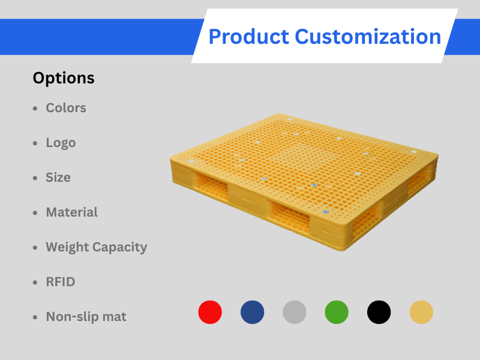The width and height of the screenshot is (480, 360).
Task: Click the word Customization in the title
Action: pos(368,37)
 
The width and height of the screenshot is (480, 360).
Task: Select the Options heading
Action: pos(64,78)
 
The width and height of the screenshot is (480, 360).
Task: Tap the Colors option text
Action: pos(66,108)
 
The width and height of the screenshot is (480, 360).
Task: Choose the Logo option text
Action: pos(61,143)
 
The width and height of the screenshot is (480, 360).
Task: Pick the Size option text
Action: pos(58,178)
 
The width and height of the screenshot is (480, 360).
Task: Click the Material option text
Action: pos(71,212)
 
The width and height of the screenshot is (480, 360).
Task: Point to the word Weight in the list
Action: pos(68,247)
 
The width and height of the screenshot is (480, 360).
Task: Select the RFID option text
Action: pos(61,282)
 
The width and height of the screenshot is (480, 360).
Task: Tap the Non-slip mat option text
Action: pos(86,317)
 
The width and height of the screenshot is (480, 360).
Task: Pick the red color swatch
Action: pos(210,312)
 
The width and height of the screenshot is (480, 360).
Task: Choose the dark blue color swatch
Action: pos(252,312)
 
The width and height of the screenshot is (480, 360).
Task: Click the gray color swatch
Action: pos(295,312)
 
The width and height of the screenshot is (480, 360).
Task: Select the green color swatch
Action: pos(337,312)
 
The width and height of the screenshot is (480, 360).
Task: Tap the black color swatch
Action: pos(379,312)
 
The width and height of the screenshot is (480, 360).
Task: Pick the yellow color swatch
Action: pos(421,312)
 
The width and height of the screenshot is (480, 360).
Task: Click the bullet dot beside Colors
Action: pos(35,109)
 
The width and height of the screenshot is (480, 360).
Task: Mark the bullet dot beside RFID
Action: pos(35,283)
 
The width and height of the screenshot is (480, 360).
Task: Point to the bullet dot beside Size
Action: pos(35,178)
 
